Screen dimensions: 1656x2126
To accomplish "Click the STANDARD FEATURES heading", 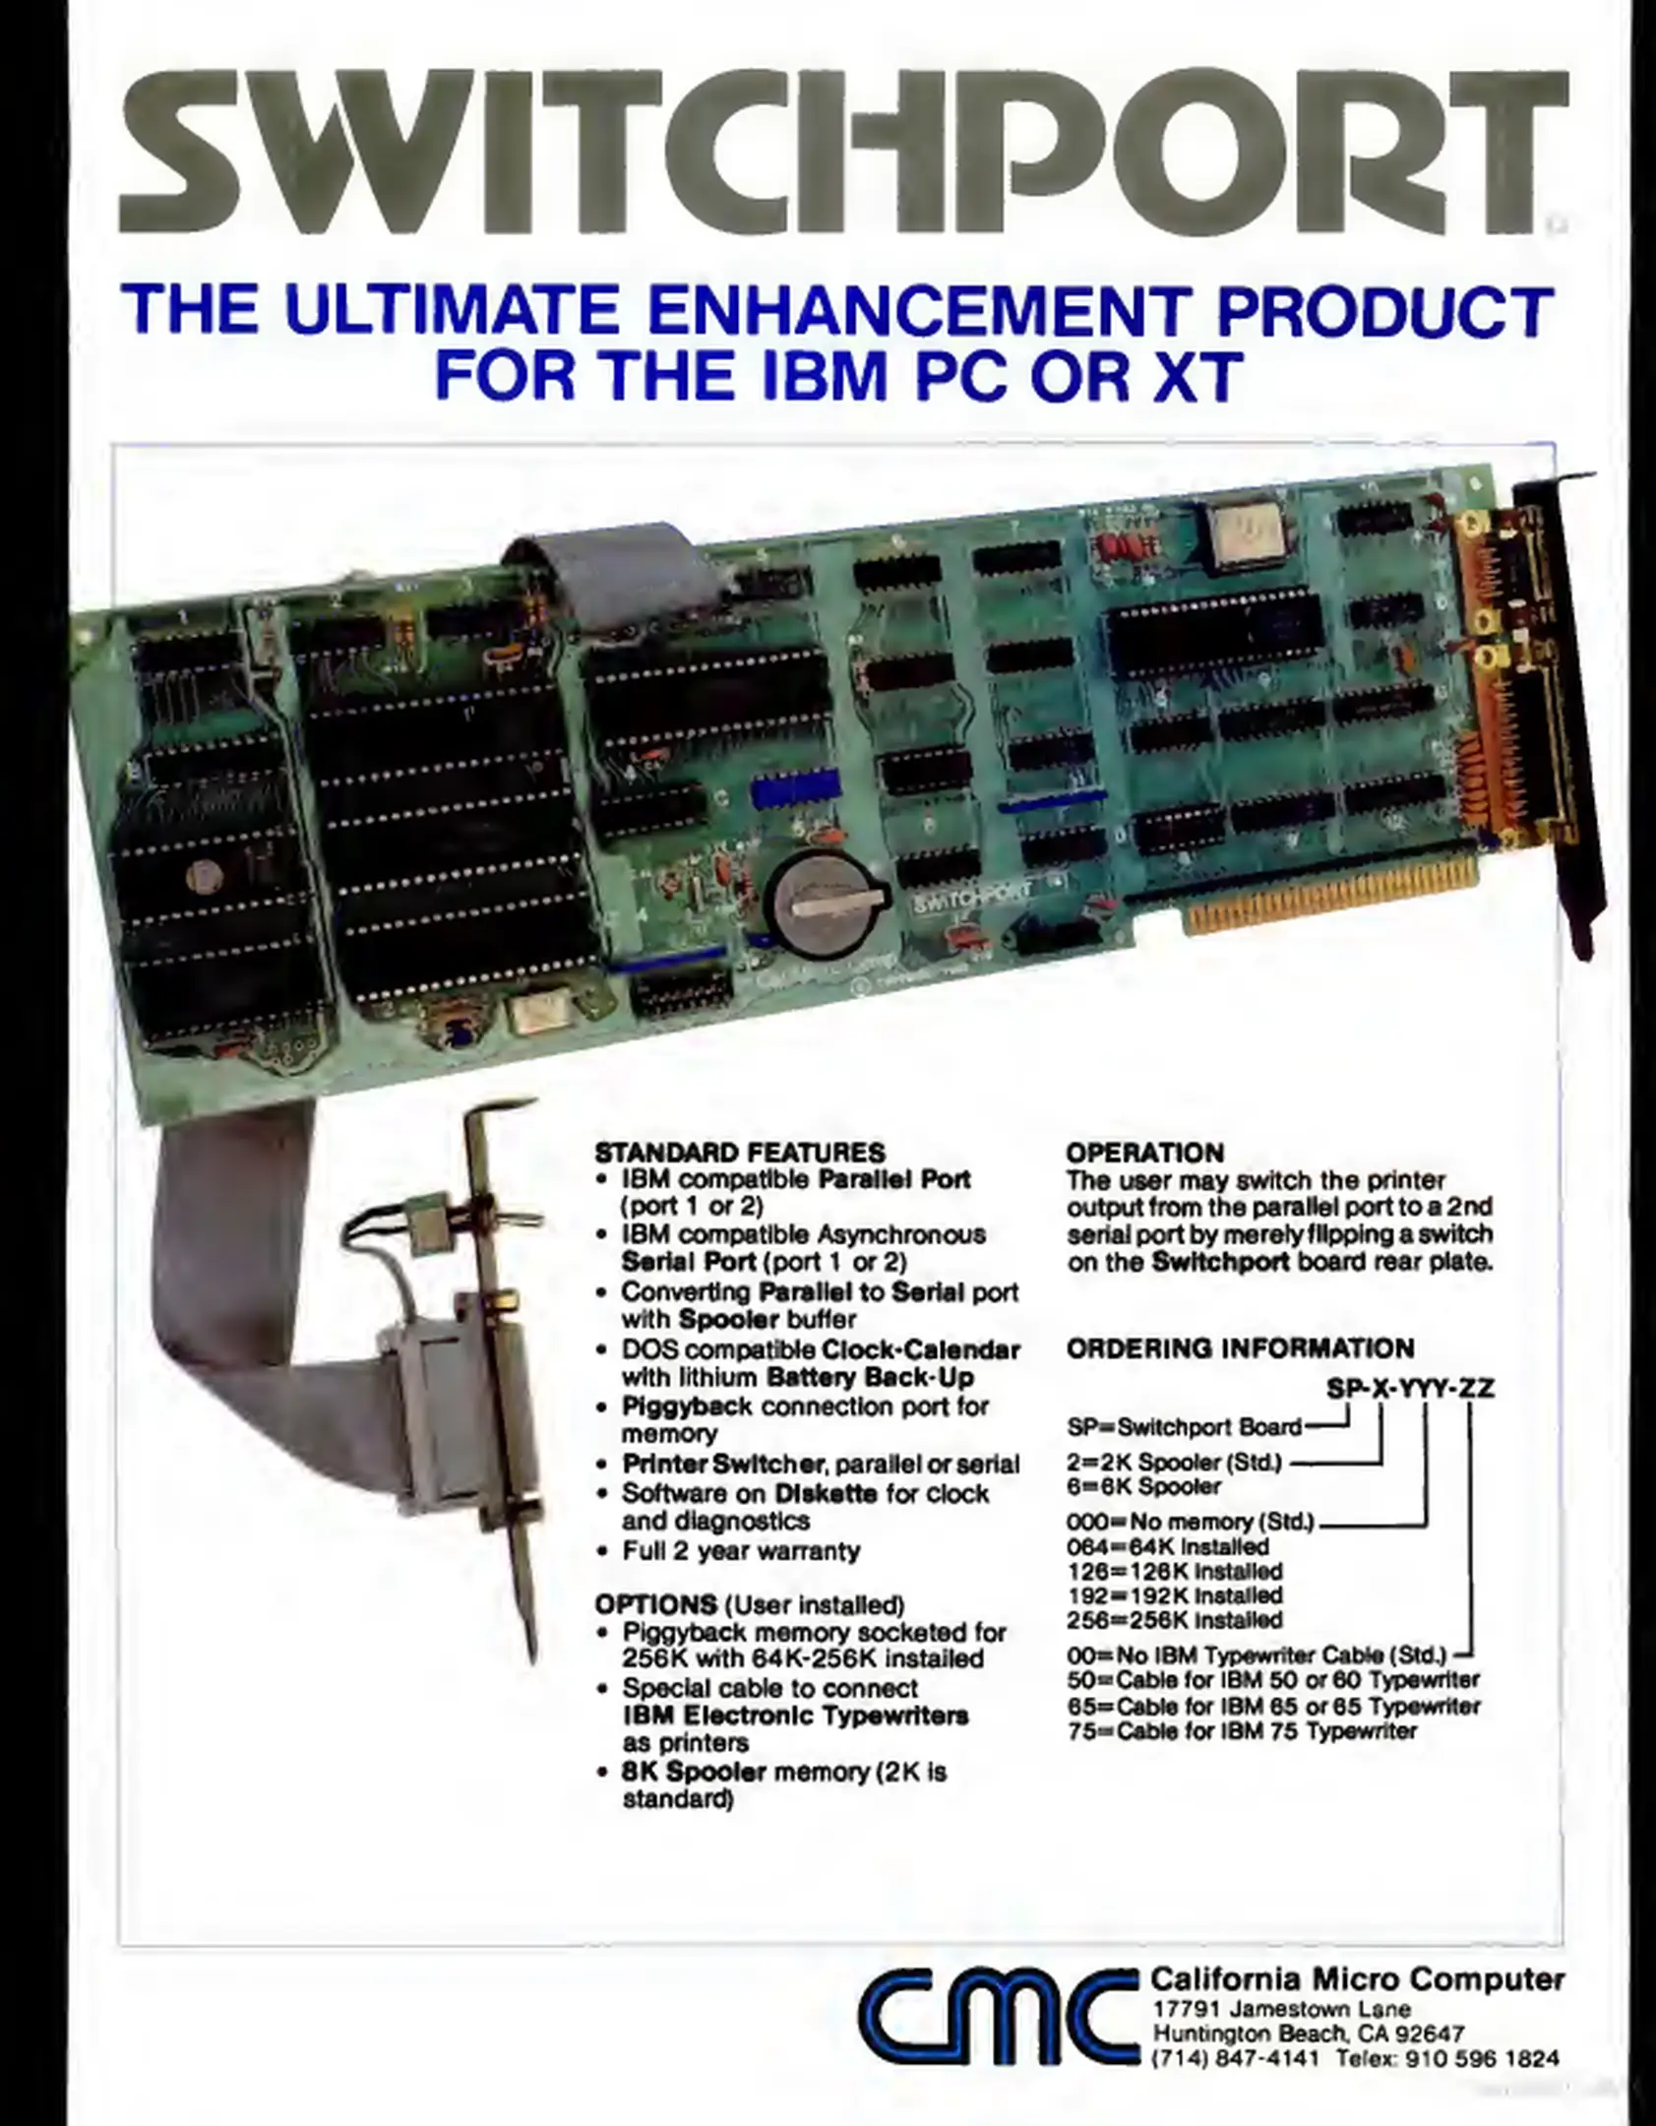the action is click(740, 1153).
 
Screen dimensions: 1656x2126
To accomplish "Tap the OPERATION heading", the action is click(1145, 1153).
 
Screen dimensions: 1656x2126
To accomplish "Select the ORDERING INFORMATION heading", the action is click(1241, 1347).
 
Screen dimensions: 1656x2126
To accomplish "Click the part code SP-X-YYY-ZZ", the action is click(1411, 1388).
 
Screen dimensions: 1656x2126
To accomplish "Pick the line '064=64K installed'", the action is click(1168, 1546).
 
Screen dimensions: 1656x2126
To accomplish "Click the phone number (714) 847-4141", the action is click(1235, 2058).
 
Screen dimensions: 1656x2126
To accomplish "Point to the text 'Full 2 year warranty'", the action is click(741, 1551).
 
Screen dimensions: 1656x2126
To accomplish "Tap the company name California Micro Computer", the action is click(1357, 1978).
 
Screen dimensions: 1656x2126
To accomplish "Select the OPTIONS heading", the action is click(655, 1604).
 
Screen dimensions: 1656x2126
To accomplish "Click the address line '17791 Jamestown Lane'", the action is click(1281, 2009).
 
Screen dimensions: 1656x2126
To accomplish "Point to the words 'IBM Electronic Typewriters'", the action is click(796, 1716).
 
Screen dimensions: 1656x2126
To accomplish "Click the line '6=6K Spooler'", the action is click(1143, 1486).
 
